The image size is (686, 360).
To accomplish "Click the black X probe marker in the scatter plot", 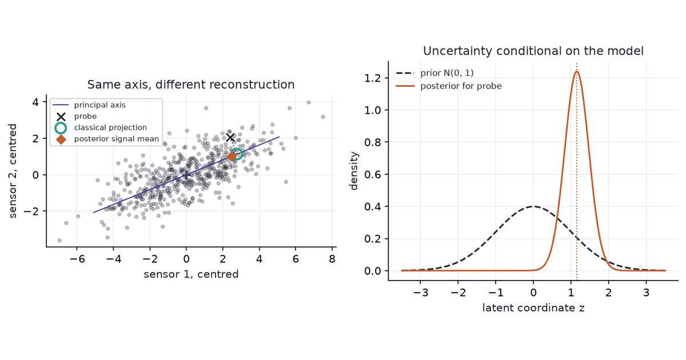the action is pos(230,138).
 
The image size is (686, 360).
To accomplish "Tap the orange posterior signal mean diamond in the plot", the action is pos(232,157).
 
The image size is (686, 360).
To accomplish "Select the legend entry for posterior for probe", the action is pos(449,86).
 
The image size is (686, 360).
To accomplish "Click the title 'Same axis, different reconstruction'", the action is pos(191,85).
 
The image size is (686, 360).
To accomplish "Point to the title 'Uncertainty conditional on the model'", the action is pos(533,51).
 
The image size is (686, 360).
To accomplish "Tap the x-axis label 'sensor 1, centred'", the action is pos(191,274).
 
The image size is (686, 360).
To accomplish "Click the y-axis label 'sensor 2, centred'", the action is pos(13,171).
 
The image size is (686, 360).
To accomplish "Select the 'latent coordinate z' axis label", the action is pos(533,307).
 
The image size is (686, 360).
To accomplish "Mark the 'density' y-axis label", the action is pos(354,171).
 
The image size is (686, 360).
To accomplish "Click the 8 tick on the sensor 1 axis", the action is pos(332,259).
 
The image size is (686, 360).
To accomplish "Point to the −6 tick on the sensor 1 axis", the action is pos(77,259).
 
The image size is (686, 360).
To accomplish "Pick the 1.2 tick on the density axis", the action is pos(372,78).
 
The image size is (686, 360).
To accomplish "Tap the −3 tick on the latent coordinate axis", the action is pos(420,293).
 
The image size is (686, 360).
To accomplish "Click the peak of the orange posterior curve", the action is pos(577,71).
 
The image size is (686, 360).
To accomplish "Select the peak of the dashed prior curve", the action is pos(533,206).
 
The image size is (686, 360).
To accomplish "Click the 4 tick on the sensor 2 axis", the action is pos(35,102).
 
